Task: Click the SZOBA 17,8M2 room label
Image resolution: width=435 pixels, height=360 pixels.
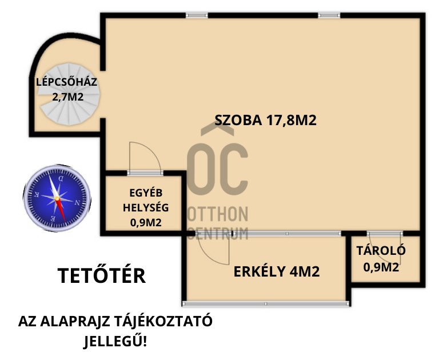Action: click(x=265, y=120)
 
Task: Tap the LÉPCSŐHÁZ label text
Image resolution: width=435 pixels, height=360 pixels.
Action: click(x=66, y=82)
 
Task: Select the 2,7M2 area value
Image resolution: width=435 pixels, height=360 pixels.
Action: click(x=67, y=97)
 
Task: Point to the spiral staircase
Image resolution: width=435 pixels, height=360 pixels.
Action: click(x=69, y=94)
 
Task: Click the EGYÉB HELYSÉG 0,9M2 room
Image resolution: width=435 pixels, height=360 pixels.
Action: click(x=143, y=204)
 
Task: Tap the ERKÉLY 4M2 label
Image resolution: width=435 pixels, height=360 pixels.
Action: click(x=277, y=271)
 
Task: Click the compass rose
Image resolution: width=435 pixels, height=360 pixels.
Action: click(x=57, y=198)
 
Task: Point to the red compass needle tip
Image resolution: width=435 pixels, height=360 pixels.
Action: click(x=65, y=221)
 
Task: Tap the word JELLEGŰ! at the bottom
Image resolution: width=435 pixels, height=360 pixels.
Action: click(x=115, y=341)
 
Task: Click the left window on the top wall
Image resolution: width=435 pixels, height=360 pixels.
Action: click(x=197, y=15)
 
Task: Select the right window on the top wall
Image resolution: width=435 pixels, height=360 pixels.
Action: click(x=329, y=15)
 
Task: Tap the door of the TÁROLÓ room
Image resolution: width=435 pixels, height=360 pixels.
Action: click(x=385, y=234)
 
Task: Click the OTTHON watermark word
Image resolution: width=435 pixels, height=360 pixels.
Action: click(x=218, y=214)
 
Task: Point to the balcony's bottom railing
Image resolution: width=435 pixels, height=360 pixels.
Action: click(x=266, y=303)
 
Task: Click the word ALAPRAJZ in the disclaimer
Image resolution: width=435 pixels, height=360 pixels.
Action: click(x=75, y=322)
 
